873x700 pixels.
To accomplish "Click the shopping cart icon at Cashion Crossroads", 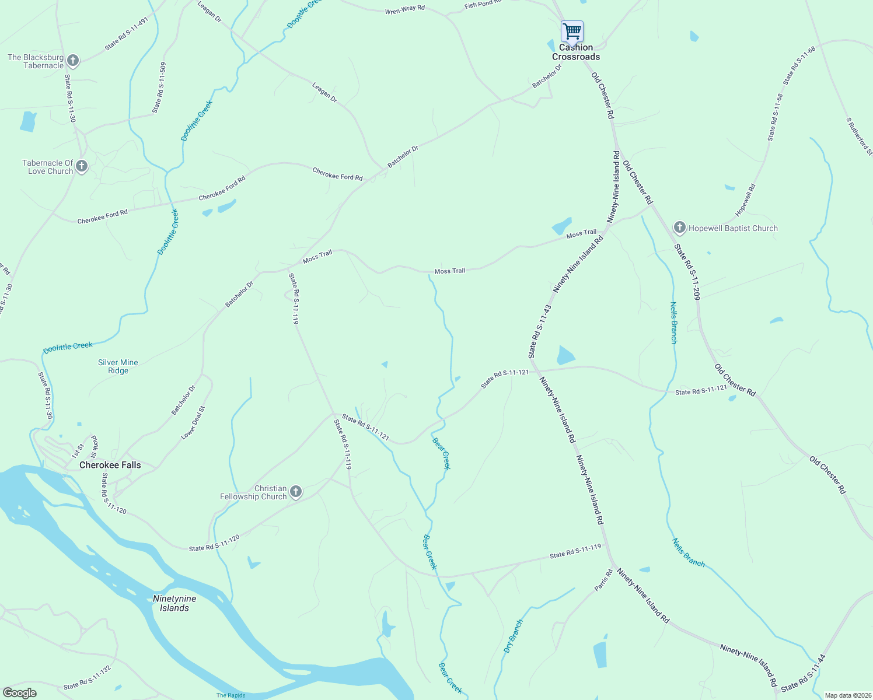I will [x=572, y=31].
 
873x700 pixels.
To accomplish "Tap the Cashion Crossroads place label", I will [x=575, y=52].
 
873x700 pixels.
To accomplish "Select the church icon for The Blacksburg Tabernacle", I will [x=73, y=60].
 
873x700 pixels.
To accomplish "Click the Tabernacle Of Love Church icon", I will [x=82, y=166].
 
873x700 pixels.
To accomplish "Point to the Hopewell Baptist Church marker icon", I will [x=679, y=228].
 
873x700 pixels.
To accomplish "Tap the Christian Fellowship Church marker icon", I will [x=296, y=492].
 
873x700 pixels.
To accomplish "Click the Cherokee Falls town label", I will [x=110, y=465].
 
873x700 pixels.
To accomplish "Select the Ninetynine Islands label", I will [x=174, y=603].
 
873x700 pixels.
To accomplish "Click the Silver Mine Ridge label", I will [x=118, y=366].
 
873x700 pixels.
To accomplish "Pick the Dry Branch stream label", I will [x=514, y=636].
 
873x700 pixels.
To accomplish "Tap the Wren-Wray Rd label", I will [x=404, y=10].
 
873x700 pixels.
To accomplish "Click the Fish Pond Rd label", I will [x=483, y=4].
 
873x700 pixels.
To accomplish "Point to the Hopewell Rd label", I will [x=745, y=199].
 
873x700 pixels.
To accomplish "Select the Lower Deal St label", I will [x=193, y=423].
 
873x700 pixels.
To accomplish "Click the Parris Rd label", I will [x=603, y=580].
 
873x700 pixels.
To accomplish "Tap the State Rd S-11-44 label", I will [x=804, y=673].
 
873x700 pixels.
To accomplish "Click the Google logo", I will [x=20, y=692].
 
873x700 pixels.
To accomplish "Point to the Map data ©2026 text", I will [x=847, y=695].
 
